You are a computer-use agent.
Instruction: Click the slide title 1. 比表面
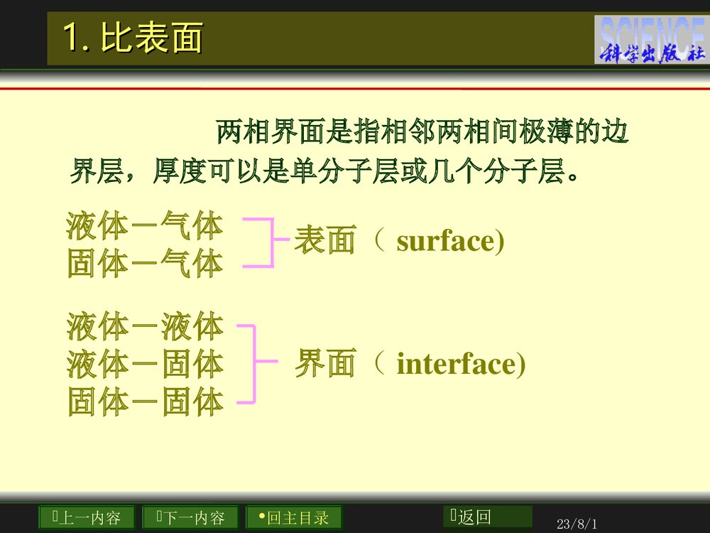point(133,38)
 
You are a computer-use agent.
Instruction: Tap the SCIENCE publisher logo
point(651,40)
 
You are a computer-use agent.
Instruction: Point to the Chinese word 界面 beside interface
point(324,364)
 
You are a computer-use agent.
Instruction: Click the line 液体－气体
point(145,226)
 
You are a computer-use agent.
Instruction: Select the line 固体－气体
point(145,264)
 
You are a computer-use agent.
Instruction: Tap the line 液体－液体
point(145,327)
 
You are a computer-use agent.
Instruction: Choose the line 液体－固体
point(145,365)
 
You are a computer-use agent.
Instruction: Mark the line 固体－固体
point(145,402)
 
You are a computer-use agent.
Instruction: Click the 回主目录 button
point(293,517)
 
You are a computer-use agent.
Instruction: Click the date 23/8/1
point(577,524)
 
